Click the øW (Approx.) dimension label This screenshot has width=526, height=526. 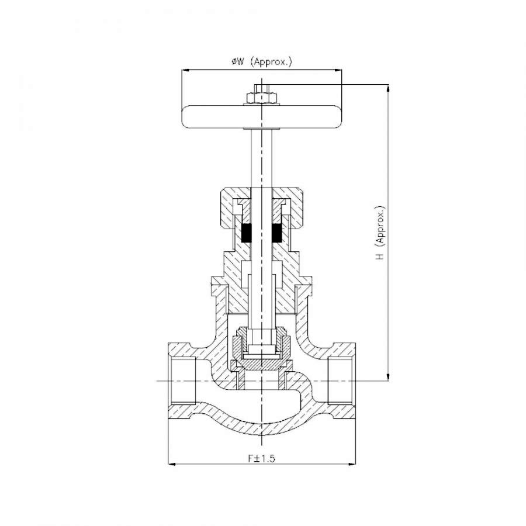pos(262,62)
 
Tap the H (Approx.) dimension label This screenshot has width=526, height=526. pos(380,233)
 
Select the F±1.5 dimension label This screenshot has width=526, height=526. pos(261,458)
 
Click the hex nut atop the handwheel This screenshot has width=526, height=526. pos(262,98)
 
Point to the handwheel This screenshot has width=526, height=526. pos(262,117)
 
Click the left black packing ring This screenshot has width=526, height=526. pos(246,233)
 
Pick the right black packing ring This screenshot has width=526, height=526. pos(277,233)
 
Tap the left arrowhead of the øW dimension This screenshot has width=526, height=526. pos(186,70)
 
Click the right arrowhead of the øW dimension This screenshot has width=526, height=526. pos(337,70)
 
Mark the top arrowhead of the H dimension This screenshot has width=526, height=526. pos(388,89)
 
